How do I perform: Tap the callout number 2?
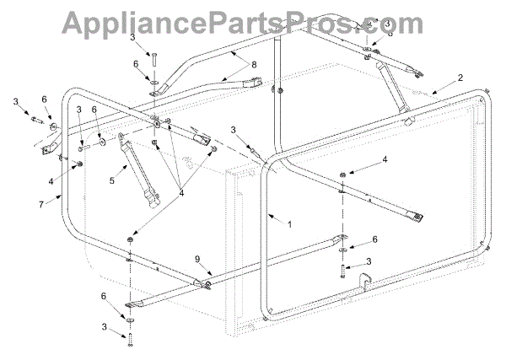(x=460, y=78)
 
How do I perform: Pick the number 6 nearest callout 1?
(x=374, y=239)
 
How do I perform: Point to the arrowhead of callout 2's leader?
(x=433, y=90)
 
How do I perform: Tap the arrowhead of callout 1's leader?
(x=268, y=216)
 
